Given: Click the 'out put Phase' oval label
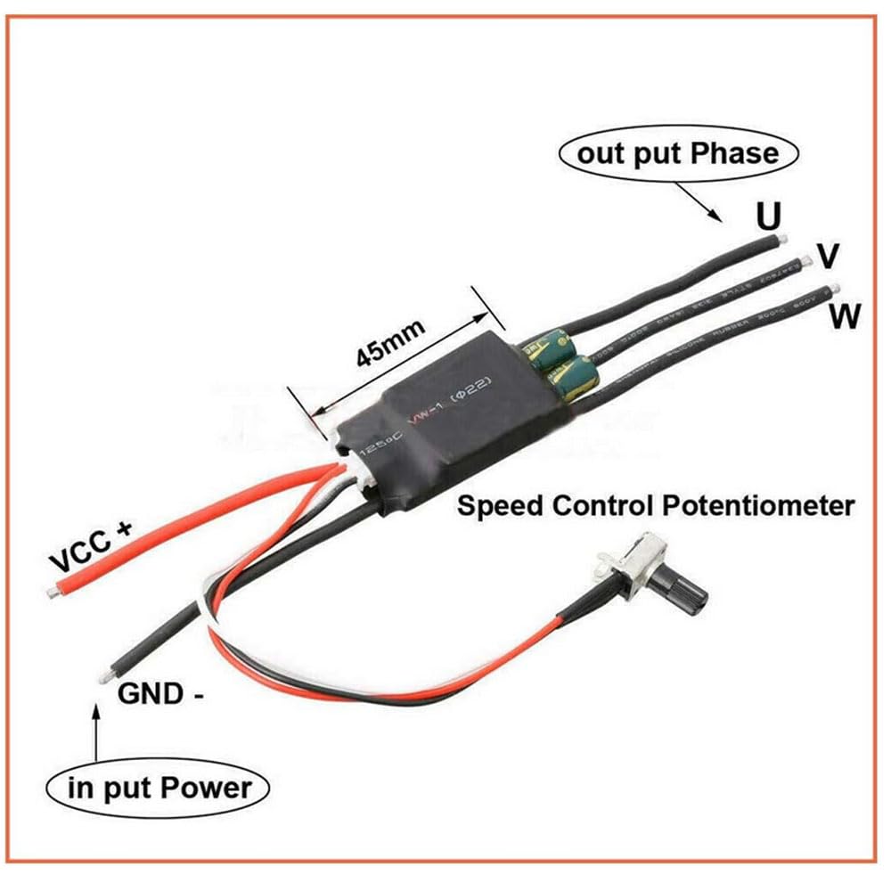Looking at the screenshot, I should [678, 154].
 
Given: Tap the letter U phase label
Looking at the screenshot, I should [767, 216].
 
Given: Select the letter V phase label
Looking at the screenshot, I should [828, 257].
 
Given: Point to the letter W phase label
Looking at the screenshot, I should [843, 315].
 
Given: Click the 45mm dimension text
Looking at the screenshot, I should [390, 341].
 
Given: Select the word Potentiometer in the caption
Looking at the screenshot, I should [757, 506].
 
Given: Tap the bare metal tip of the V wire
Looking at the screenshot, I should [806, 258].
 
